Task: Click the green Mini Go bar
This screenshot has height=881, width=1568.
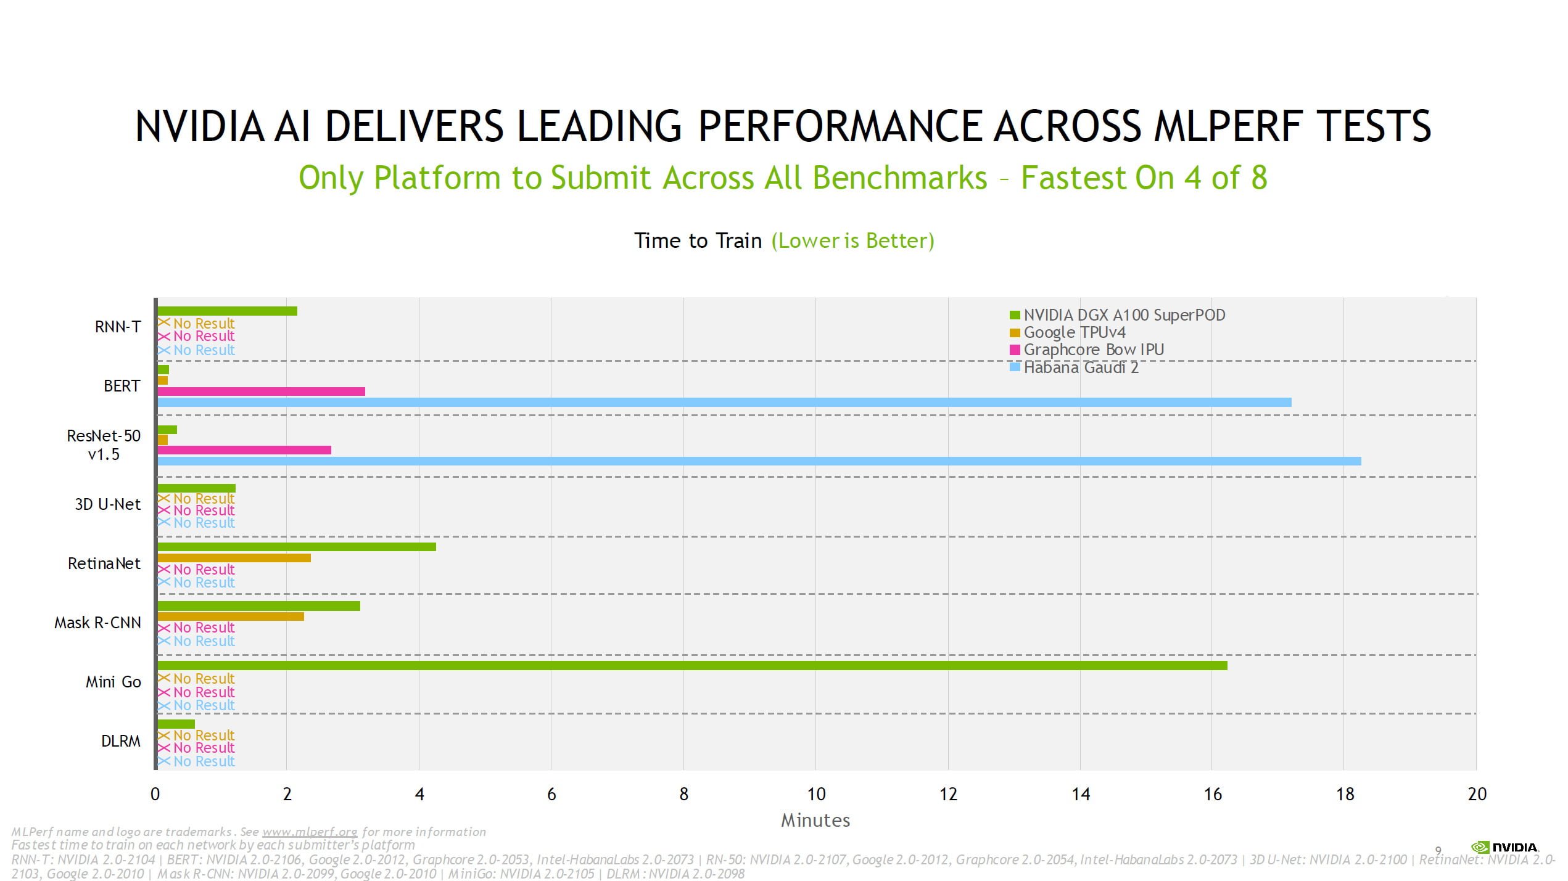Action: click(x=691, y=665)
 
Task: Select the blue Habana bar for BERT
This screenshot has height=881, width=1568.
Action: click(x=722, y=403)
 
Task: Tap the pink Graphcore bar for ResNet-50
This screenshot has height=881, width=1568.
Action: click(x=244, y=450)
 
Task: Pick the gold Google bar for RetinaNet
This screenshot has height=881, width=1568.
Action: click(x=234, y=558)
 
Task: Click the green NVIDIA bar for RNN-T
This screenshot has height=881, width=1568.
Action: click(x=227, y=311)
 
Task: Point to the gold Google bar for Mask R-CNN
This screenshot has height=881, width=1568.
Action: click(x=231, y=617)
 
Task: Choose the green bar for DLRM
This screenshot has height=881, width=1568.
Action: click(x=176, y=724)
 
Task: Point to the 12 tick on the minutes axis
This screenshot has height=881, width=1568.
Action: click(x=948, y=794)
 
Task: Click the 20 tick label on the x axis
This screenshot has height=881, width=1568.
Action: click(x=1477, y=794)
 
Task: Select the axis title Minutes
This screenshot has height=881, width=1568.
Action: click(x=815, y=821)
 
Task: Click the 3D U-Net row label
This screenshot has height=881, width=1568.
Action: click(x=108, y=504)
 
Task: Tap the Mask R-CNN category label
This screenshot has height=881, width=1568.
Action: click(x=97, y=623)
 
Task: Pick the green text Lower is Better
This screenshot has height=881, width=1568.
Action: click(x=852, y=240)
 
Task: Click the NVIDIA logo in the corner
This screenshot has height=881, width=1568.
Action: click(x=1505, y=847)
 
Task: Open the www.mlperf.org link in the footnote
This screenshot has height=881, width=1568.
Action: click(x=310, y=832)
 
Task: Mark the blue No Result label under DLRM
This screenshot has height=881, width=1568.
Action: click(x=204, y=761)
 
